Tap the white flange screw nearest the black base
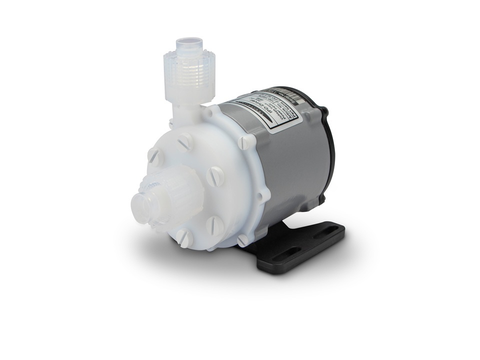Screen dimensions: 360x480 (243, 240)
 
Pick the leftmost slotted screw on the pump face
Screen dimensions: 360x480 (154, 157)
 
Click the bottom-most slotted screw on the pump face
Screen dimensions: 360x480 (184, 238)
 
